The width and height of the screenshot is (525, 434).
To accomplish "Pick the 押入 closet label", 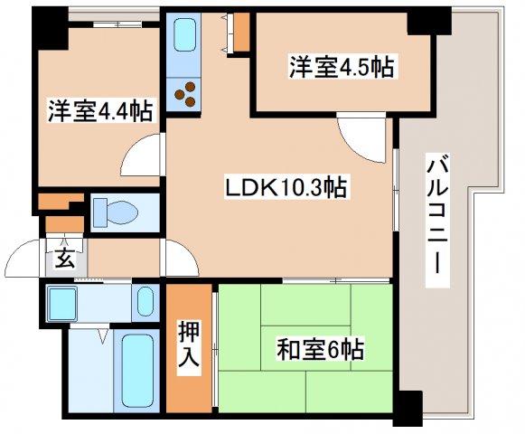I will (x=187, y=345).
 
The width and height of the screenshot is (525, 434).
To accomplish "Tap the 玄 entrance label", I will (x=64, y=259).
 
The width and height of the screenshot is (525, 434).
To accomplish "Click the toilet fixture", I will (x=117, y=213).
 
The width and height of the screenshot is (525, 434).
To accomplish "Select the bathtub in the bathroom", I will (x=138, y=370).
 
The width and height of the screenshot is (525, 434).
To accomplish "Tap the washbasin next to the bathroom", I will (x=145, y=301).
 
